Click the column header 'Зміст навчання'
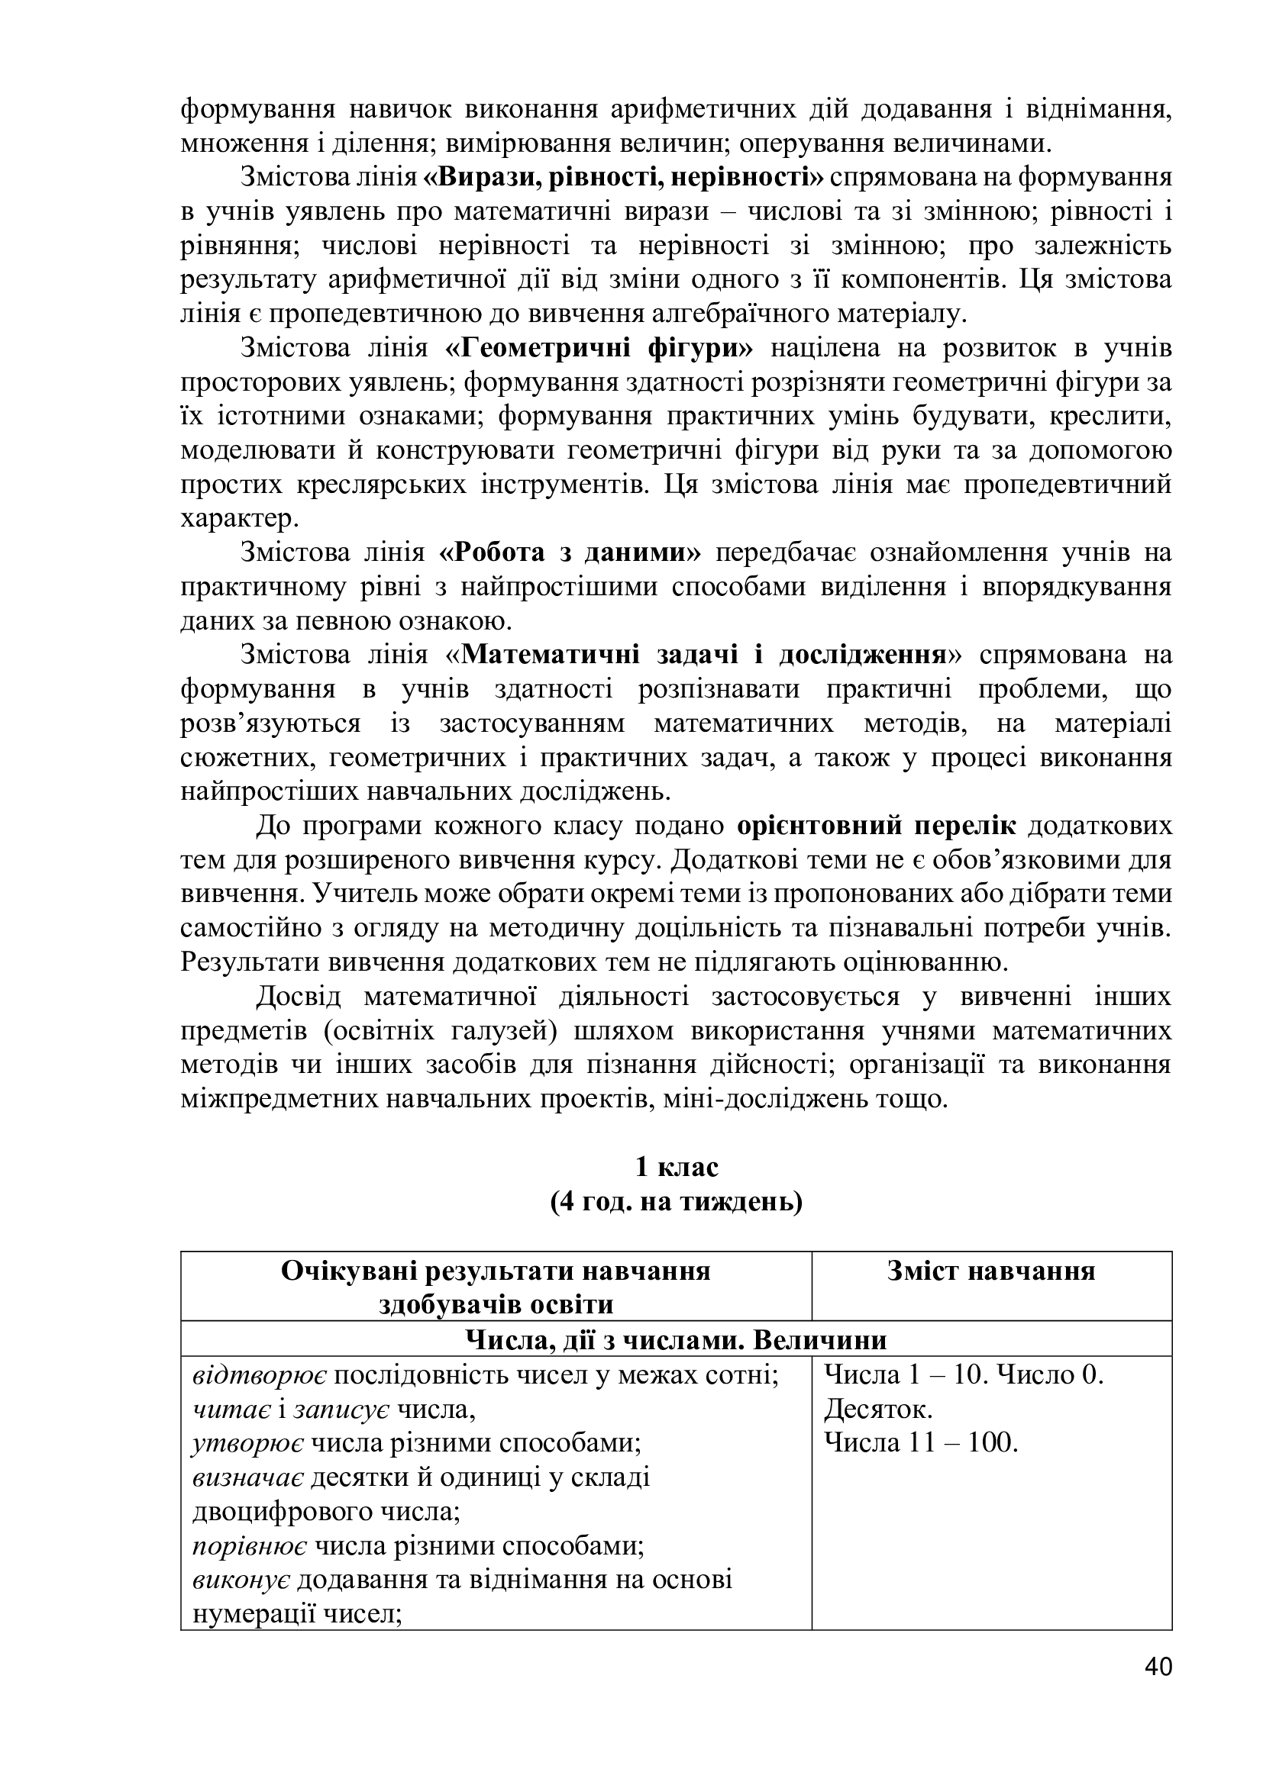click(991, 1271)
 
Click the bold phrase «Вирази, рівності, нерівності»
click(623, 177)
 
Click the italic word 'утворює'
click(248, 1443)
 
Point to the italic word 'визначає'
click(248, 1477)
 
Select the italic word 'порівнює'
click(250, 1545)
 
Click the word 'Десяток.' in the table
click(878, 1409)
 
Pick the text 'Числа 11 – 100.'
click(921, 1443)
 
